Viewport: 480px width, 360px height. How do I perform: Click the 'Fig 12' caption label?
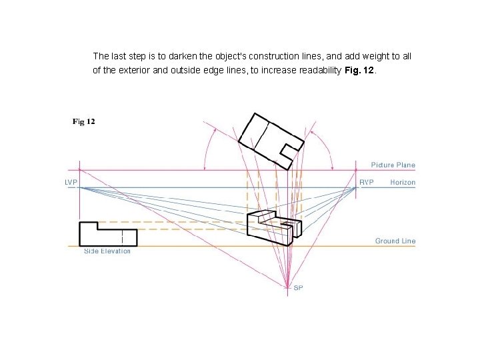tap(83, 121)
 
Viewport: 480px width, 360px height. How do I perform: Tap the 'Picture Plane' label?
tap(393, 165)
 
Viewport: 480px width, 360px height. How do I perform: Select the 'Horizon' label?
tap(403, 182)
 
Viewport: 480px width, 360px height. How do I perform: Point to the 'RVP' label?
tap(366, 182)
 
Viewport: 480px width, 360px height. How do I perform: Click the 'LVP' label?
tap(71, 182)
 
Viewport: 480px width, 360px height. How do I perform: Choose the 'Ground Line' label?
tap(395, 241)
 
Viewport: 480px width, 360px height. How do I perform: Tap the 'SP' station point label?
tap(298, 288)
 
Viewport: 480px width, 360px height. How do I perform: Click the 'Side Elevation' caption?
tap(107, 251)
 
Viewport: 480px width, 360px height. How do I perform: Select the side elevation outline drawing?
tap(107, 233)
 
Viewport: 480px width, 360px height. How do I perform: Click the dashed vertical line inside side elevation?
tap(122, 236)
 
